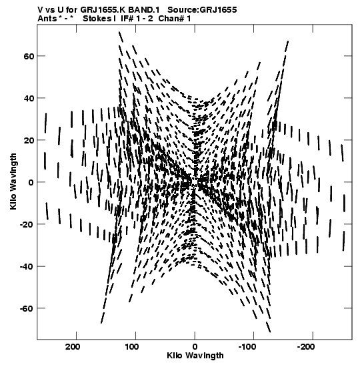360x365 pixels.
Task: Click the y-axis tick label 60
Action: (29, 56)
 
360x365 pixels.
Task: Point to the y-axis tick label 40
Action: (29, 98)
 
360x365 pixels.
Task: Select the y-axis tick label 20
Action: (29, 140)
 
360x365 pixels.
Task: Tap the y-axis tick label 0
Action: (31, 182)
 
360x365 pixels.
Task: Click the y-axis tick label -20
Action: (27, 224)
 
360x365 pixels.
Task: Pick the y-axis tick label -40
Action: (27, 266)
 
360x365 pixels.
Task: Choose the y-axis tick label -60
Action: (27, 308)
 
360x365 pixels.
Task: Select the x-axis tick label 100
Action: (133, 347)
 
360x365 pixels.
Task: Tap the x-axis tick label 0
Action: (195, 347)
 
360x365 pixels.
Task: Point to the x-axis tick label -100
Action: (252, 347)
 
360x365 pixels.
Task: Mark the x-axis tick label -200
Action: (311, 347)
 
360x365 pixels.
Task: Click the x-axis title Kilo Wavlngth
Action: (195, 356)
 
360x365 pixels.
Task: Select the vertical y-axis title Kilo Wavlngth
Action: (13, 181)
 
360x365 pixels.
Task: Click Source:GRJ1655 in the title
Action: (202, 10)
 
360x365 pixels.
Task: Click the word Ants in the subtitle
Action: (47, 19)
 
